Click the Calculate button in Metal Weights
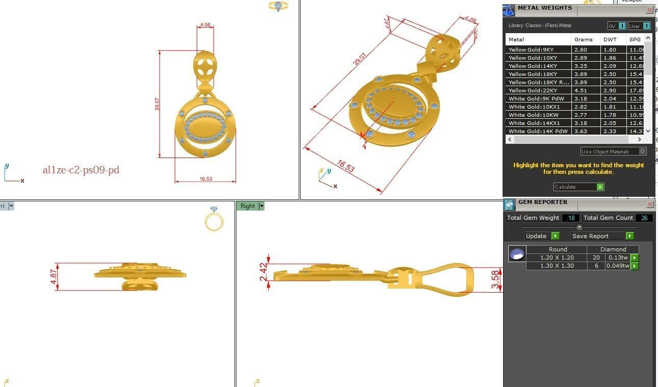click(x=578, y=187)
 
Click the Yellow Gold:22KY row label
click(x=533, y=90)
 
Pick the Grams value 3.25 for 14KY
click(x=581, y=66)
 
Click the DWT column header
click(x=610, y=39)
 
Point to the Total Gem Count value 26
click(x=644, y=218)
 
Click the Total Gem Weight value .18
click(x=570, y=218)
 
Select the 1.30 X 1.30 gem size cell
click(x=557, y=266)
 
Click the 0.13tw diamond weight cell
click(x=618, y=257)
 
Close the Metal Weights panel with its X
click(x=649, y=10)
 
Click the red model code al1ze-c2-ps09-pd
click(x=81, y=170)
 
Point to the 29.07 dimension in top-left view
click(x=157, y=104)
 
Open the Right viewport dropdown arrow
click(x=261, y=206)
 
